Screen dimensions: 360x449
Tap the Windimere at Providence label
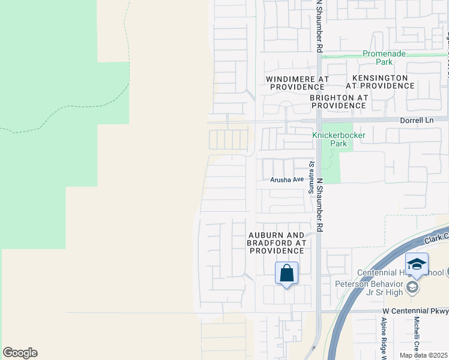[x=298, y=83]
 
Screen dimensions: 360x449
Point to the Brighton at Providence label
[x=338, y=101]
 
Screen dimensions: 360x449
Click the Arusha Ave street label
[x=287, y=179]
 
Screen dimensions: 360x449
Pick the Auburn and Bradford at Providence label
[x=277, y=243]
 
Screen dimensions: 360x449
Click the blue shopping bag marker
[x=287, y=273]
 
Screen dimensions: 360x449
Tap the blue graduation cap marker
[x=417, y=264]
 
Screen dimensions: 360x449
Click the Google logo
[x=20, y=353]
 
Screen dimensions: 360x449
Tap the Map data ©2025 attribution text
[x=423, y=355]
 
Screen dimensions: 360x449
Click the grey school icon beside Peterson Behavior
[x=412, y=288]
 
